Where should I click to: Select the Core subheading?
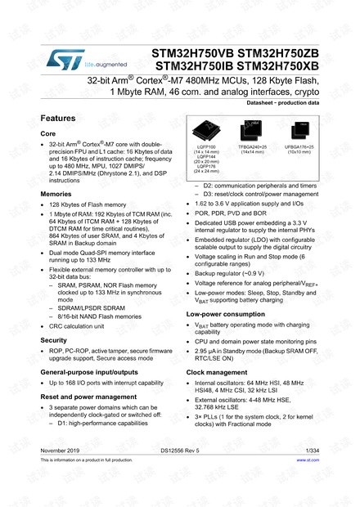point(48,132)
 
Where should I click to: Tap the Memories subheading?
point(56,194)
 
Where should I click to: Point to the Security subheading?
point(54,339)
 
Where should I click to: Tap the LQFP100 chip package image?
point(203,132)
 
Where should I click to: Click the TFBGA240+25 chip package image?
point(251,132)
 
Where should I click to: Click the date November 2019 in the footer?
point(61,451)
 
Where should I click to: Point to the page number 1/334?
point(312,451)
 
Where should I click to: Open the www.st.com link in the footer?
point(308,460)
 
